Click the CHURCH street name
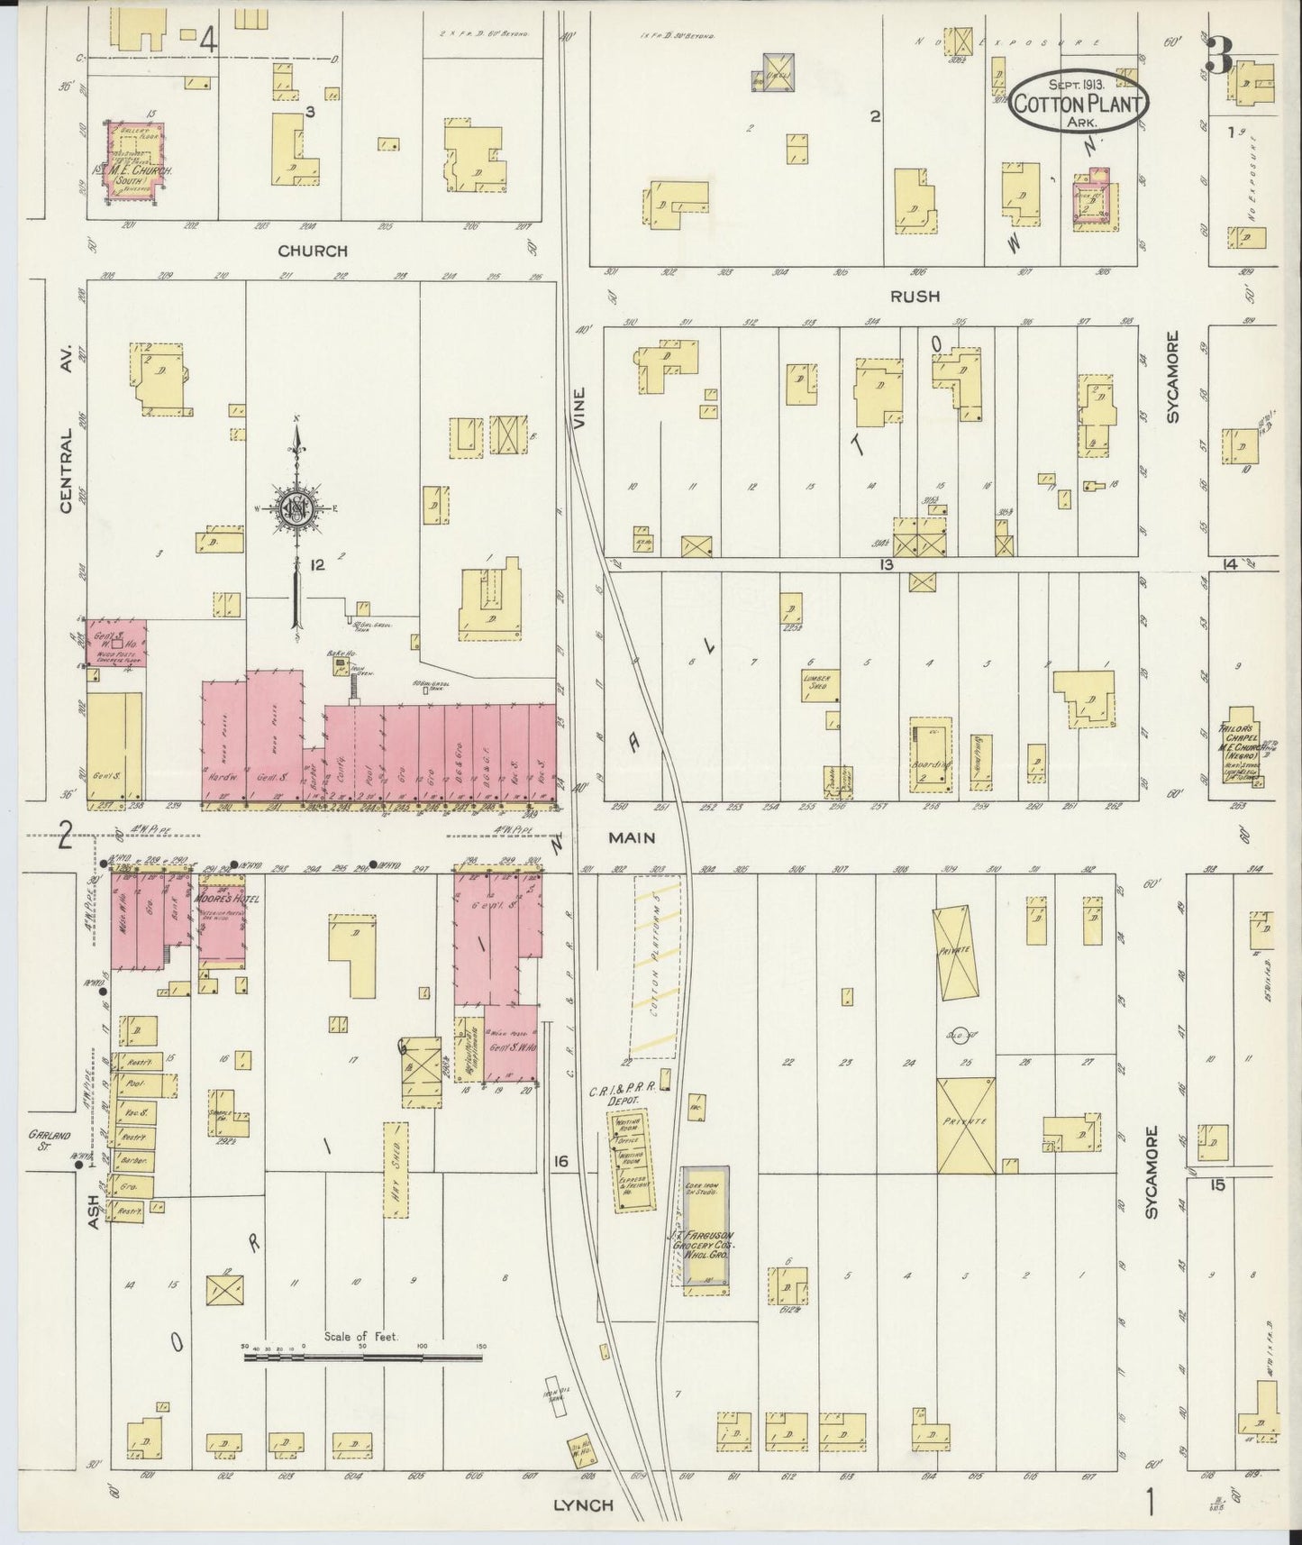coord(312,251)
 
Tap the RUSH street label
coord(914,296)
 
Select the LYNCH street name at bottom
coord(583,1504)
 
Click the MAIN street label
coord(631,837)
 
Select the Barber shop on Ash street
coord(131,1159)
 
